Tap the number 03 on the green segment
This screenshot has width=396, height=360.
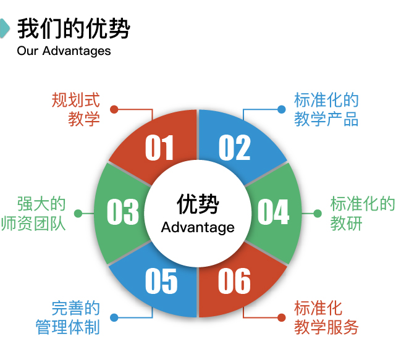point(123,213)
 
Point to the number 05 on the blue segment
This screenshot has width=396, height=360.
point(161,282)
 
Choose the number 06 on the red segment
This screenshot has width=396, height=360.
point(234,282)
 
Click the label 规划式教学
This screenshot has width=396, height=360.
point(75,109)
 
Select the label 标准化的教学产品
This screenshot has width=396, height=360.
point(326,109)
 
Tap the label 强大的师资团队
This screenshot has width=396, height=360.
point(41,213)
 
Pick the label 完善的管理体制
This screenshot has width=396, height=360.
point(75,317)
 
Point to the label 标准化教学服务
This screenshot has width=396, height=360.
point(326,317)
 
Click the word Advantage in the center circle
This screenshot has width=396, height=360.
point(198,228)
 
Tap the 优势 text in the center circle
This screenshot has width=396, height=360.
point(198,203)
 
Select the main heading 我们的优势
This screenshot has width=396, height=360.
point(74,28)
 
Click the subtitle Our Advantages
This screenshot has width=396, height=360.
point(64,51)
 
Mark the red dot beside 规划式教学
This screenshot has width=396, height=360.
point(114,109)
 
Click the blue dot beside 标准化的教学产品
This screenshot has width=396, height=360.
point(282,109)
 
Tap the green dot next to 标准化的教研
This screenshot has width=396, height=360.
point(318,214)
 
